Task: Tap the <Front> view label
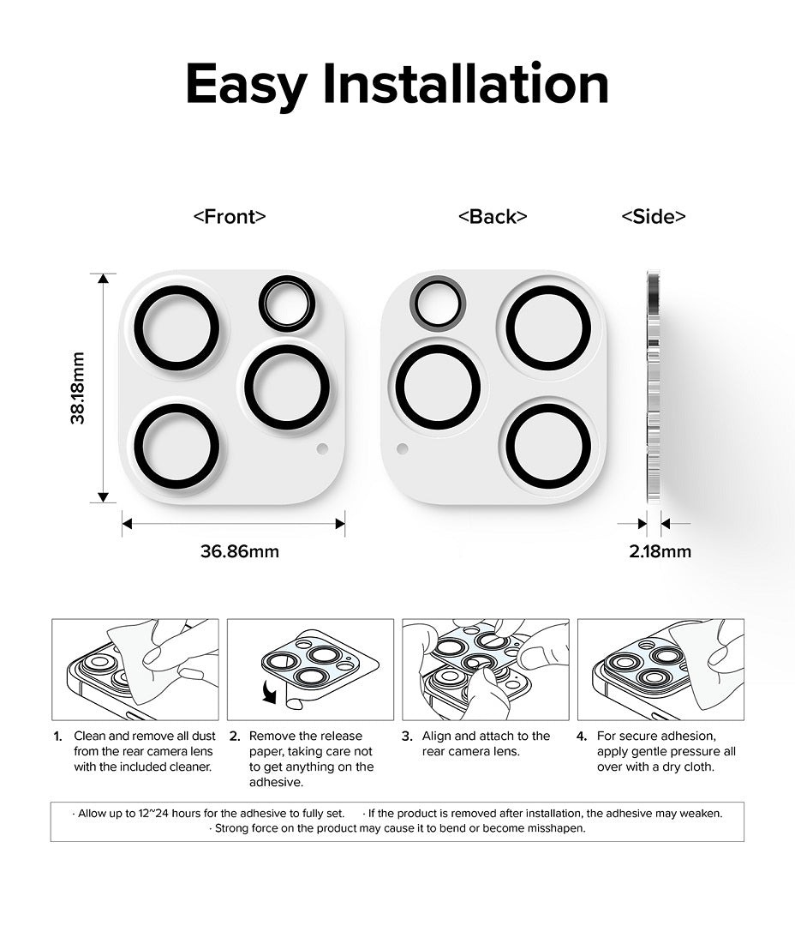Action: point(230,217)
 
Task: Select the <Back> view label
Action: point(493,217)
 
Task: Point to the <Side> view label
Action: point(654,217)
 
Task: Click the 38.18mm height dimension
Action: point(78,388)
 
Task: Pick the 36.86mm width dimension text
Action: point(240,551)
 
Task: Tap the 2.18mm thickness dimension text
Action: point(660,551)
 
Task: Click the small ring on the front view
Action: point(287,304)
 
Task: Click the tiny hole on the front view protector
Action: point(322,448)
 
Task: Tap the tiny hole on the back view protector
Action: point(403,448)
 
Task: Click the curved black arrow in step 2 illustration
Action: point(270,692)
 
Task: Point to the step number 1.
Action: point(57,736)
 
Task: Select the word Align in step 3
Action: point(438,736)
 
